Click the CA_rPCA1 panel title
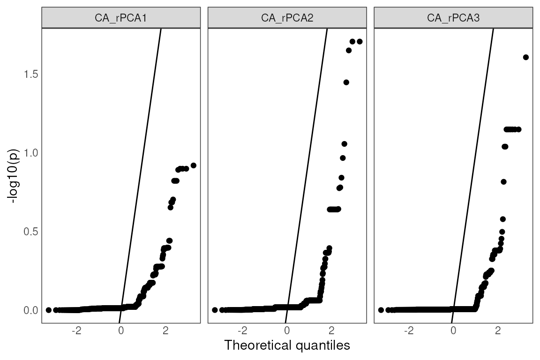tap(121, 18)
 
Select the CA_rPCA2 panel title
tap(287, 18)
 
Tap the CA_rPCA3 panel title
tap(453, 18)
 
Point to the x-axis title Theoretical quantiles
tap(287, 346)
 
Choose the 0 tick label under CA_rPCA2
tap(287, 330)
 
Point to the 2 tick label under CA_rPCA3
tap(498, 330)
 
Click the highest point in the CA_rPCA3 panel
tap(525, 57)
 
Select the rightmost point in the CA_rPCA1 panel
tap(193, 165)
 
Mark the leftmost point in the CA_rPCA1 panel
tap(49, 310)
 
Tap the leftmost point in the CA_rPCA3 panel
tap(381, 310)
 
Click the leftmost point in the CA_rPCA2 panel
tap(215, 310)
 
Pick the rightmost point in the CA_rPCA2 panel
tap(360, 42)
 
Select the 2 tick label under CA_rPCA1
tap(165, 330)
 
